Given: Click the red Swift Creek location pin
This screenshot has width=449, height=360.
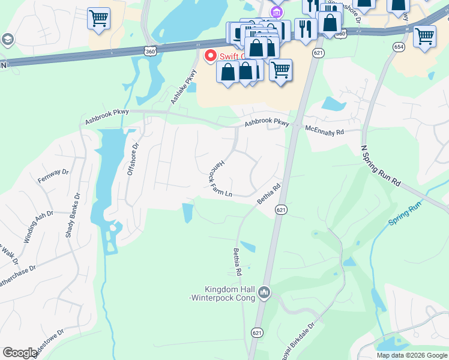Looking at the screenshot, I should [x=211, y=56].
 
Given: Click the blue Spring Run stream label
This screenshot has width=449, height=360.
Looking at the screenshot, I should [x=405, y=214].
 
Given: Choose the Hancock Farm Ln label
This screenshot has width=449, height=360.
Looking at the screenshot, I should [x=220, y=179].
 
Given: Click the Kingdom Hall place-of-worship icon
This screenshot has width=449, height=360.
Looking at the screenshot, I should [x=264, y=293].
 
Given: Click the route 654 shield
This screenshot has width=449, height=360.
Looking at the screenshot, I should [x=399, y=47].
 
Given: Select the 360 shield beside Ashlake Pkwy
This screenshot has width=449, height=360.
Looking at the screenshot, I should [x=150, y=52].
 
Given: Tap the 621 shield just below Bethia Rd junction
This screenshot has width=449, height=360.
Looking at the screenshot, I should [x=280, y=209].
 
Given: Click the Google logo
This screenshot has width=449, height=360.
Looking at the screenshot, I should [x=20, y=353].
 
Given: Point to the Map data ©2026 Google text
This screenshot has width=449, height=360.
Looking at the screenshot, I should [x=412, y=355].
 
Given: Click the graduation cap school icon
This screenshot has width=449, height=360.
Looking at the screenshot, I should [x=8, y=40].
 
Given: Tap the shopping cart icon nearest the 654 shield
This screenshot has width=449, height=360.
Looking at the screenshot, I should [x=424, y=36].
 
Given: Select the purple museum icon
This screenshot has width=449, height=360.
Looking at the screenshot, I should [x=276, y=12].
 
